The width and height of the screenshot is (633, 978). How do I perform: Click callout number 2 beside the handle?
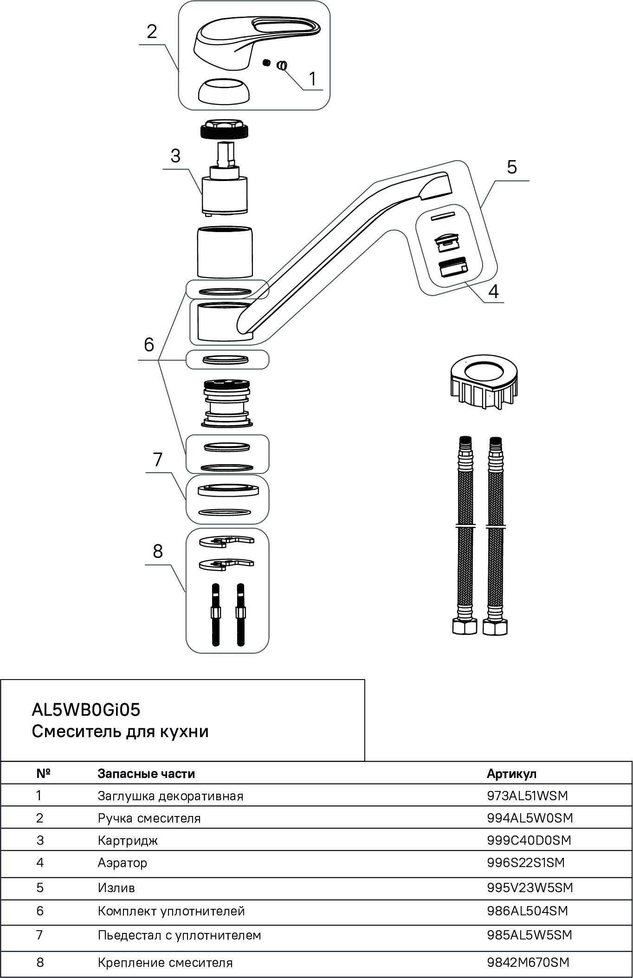(152, 32)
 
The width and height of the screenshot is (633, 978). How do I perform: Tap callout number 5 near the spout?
(511, 167)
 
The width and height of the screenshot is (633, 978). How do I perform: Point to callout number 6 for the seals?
(149, 345)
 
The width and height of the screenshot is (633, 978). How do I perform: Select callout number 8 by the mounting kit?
(158, 551)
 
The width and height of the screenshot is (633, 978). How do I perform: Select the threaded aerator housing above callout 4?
(453, 268)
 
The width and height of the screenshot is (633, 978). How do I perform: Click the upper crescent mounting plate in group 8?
(226, 541)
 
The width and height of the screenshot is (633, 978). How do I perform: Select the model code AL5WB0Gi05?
(86, 710)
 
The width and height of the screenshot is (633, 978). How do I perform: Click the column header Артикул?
(511, 774)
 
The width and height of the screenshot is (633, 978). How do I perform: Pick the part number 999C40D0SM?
(529, 840)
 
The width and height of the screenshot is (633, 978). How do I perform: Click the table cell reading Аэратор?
(123, 863)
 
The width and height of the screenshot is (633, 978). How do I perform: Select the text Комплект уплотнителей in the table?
(171, 911)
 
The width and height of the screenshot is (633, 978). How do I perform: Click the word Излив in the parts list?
(116, 888)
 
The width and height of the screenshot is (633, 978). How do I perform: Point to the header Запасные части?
(146, 774)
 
